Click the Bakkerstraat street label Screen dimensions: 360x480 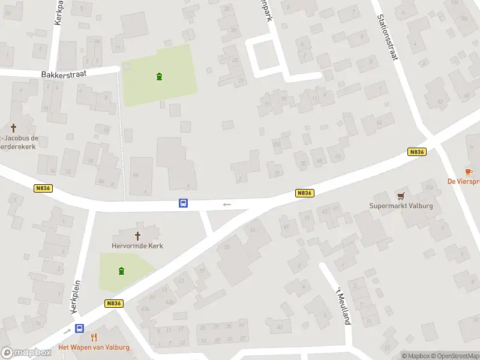(64, 74)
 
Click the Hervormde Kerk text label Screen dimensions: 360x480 (137, 246)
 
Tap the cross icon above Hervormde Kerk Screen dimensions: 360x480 (137, 236)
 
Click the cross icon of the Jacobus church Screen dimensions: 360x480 (13, 128)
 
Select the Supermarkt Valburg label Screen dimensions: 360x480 (401, 206)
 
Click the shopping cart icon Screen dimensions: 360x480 (401, 196)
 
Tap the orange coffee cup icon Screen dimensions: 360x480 (469, 172)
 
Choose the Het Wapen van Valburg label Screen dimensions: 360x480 (94, 347)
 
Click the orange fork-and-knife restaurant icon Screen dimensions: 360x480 (94, 337)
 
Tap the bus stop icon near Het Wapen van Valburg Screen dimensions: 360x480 (79, 328)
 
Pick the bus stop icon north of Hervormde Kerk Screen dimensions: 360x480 (183, 203)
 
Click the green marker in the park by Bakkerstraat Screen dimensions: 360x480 (159, 76)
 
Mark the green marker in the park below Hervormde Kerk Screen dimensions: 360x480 (122, 271)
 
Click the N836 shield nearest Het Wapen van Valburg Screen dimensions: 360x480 (113, 304)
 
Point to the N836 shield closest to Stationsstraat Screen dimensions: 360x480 (416, 152)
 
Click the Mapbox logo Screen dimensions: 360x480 (26, 353)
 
